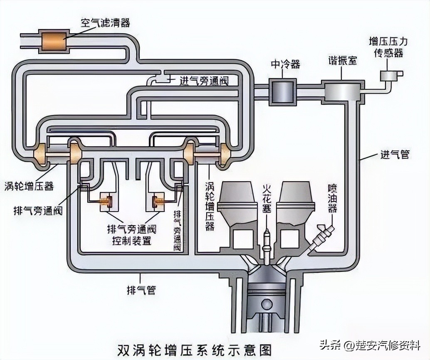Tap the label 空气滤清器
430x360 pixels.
pos(105,23)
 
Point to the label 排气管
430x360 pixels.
pos(141,290)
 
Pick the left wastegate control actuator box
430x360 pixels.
pos(109,202)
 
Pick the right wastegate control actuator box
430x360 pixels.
pos(157,202)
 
